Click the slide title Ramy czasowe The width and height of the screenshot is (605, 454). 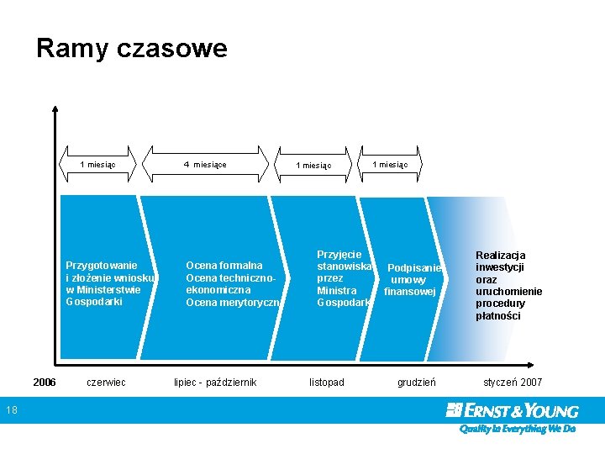tap(132, 48)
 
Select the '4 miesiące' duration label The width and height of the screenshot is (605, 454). tap(205, 165)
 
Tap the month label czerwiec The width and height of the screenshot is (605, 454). tap(106, 383)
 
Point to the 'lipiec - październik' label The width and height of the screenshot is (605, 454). tap(215, 383)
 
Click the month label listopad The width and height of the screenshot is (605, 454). tap(326, 383)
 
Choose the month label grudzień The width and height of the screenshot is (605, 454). tap(416, 383)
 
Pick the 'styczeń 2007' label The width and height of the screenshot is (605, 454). tap(513, 383)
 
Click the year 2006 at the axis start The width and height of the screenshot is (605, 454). tap(45, 383)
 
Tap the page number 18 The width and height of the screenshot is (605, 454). tap(10, 410)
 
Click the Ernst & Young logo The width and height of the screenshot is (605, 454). tap(513, 410)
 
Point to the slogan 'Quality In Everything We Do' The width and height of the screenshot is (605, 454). tap(517, 429)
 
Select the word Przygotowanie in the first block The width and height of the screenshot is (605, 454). tap(102, 266)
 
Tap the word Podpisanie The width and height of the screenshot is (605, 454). tap(413, 268)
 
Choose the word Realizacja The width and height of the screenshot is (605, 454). tap(500, 256)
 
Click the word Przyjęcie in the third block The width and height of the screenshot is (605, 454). tap(339, 254)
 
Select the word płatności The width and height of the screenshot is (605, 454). tap(497, 316)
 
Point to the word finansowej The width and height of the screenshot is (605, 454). tap(409, 292)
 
